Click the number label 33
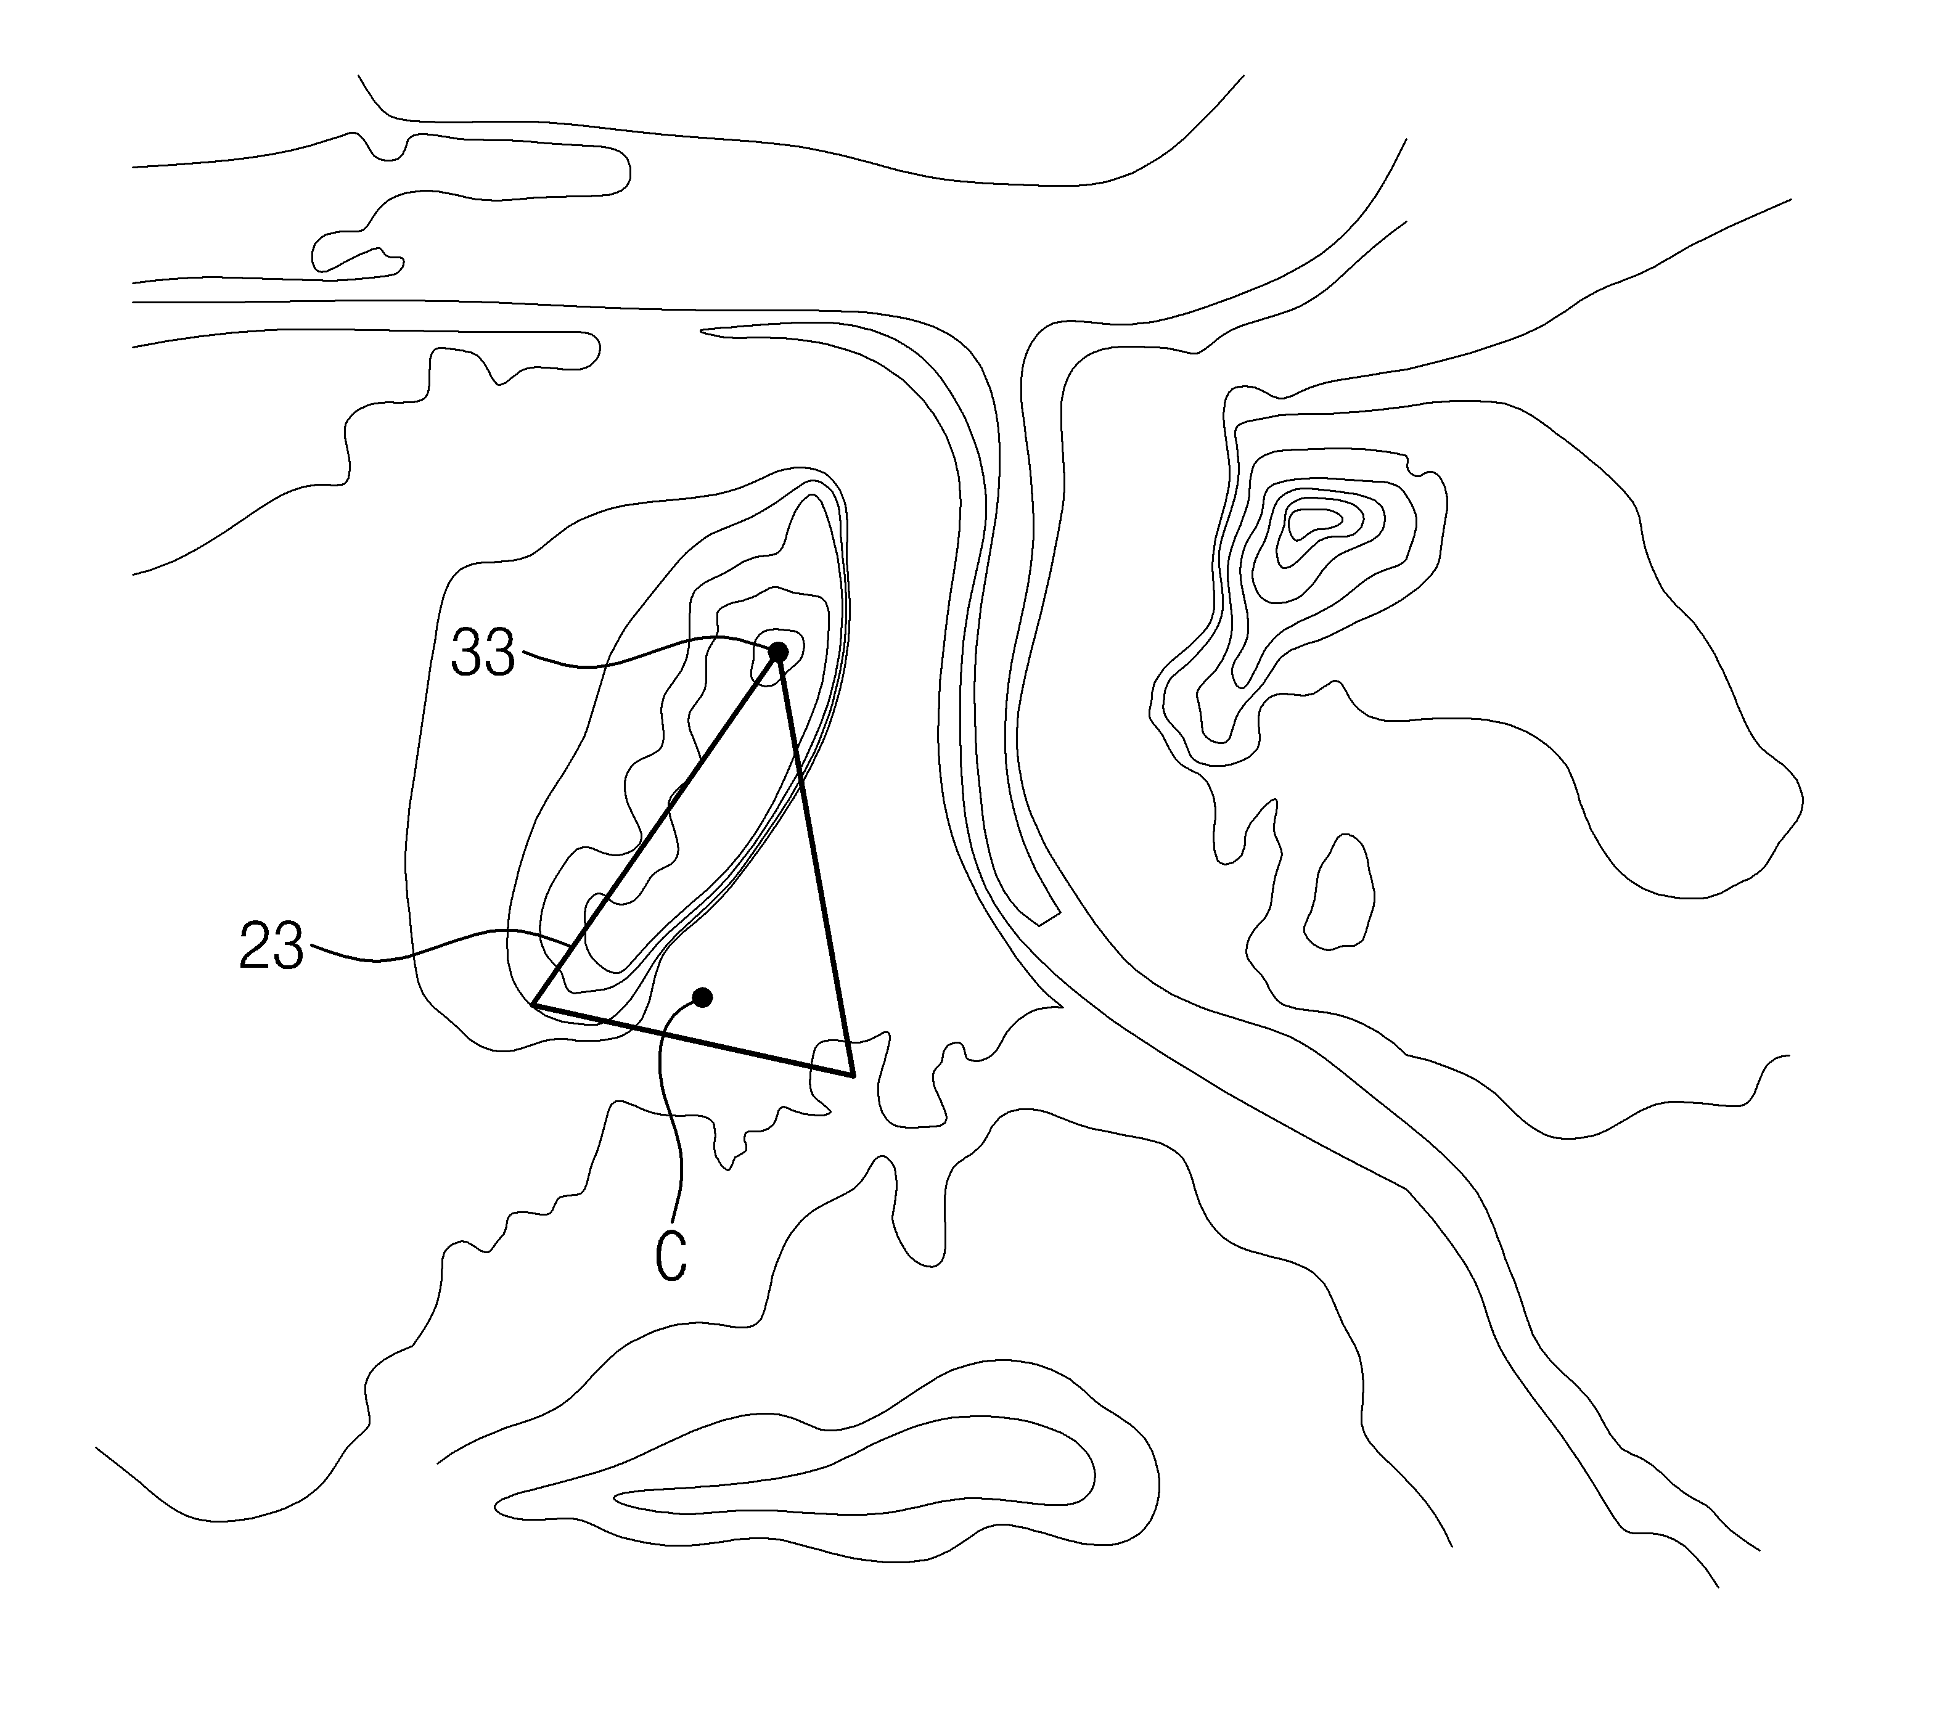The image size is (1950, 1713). pos(483,653)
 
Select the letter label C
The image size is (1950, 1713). pos(671,1256)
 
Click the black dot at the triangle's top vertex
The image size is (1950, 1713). pos(779,652)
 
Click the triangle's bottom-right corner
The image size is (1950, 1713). pos(853,1076)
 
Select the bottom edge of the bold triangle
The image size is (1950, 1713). pos(692,1040)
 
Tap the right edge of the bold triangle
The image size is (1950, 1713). pos(816,863)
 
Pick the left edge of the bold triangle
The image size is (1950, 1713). pos(657,828)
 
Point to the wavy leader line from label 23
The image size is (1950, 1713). pos(439,946)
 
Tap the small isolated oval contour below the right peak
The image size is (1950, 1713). pos(1340,892)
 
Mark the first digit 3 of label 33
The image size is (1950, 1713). pos(467,653)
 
